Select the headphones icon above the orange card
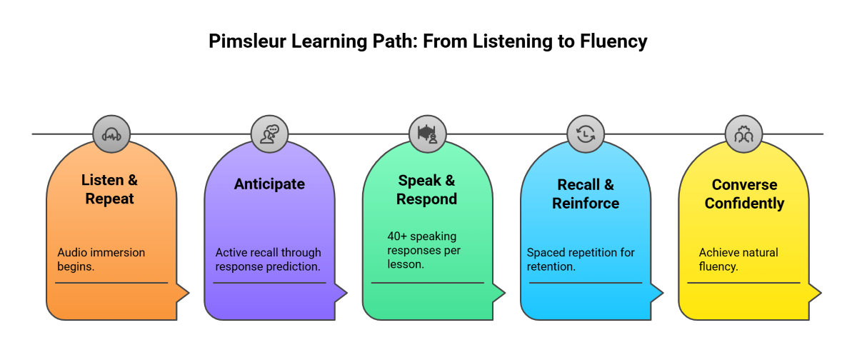pyautogui.click(x=111, y=134)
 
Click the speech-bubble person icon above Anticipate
pyautogui.click(x=269, y=134)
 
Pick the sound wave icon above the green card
pyautogui.click(x=427, y=134)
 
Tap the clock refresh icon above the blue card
pyautogui.click(x=585, y=134)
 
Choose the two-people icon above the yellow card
pyautogui.click(x=743, y=134)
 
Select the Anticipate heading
pyautogui.click(x=269, y=184)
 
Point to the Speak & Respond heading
pyautogui.click(x=426, y=189)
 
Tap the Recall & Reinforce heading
pyautogui.click(x=585, y=194)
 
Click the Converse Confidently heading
pyautogui.click(x=743, y=194)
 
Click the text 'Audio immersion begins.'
pyautogui.click(x=101, y=259)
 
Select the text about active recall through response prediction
pyautogui.click(x=269, y=259)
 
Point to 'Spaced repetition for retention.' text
pyautogui.click(x=580, y=259)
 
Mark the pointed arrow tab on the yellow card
pyautogui.click(x=813, y=292)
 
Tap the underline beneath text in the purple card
pyautogui.click(x=269, y=283)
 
